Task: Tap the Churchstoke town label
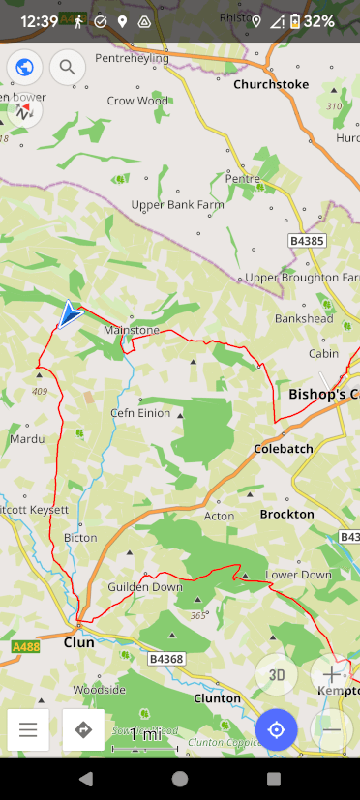[x=271, y=85]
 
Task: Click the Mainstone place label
[x=132, y=330]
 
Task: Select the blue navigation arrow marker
[x=70, y=314]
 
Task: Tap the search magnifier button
[x=67, y=67]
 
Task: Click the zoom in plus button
[x=331, y=675]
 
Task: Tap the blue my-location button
[x=277, y=729]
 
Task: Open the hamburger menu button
[x=28, y=729]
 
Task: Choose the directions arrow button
[x=83, y=729]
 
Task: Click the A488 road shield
[x=25, y=646]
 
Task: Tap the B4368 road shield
[x=165, y=659]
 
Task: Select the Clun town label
[x=78, y=641]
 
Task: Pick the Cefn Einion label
[x=140, y=413]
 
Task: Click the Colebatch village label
[x=283, y=449]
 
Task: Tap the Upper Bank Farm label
[x=178, y=205]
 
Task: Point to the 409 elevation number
[x=39, y=392]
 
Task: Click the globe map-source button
[x=25, y=67]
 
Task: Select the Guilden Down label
[x=145, y=587]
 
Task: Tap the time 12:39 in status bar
[x=39, y=20]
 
